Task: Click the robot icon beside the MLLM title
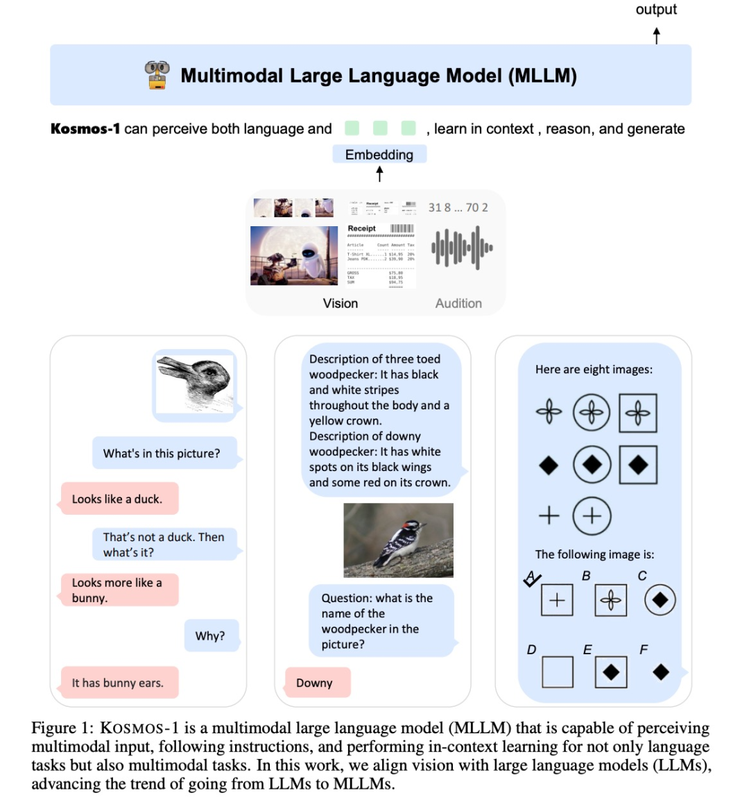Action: click(157, 75)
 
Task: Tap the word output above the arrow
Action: click(656, 10)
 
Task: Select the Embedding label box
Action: click(379, 154)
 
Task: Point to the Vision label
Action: click(341, 303)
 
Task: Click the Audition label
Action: click(458, 303)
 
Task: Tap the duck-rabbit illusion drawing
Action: click(195, 385)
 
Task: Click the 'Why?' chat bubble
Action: click(211, 635)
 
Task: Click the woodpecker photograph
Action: click(398, 540)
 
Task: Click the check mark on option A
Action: click(532, 579)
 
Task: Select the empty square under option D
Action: click(558, 672)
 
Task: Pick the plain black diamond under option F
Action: click(661, 672)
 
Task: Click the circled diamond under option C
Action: click(660, 600)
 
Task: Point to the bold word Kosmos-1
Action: click(85, 129)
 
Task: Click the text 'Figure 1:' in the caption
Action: click(62, 728)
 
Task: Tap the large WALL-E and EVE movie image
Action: click(294, 255)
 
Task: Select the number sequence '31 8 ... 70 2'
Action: click(458, 207)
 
